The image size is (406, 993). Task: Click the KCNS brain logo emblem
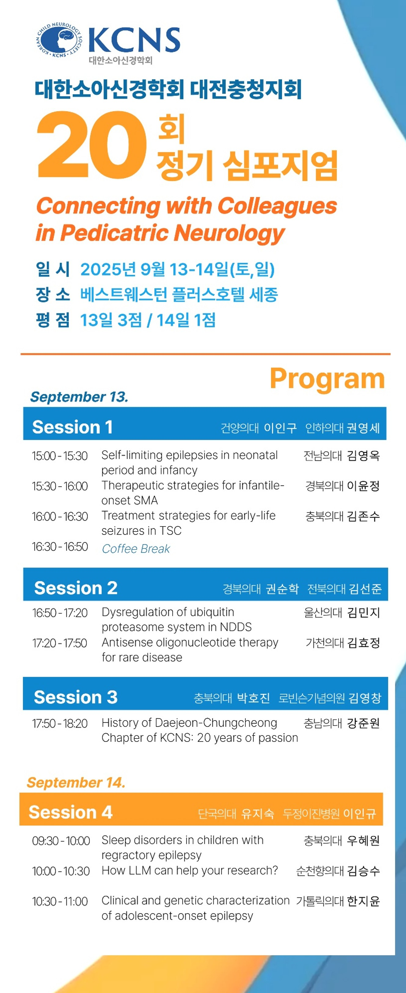point(59,40)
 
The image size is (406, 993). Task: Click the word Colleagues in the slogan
point(277,205)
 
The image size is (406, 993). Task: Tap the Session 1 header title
point(72,427)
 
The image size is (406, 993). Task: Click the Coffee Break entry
point(136,548)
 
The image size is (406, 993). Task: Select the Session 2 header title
point(76,588)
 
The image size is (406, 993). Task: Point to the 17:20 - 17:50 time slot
point(60,643)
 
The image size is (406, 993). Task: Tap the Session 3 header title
point(76,697)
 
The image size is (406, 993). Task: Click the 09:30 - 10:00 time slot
point(61,840)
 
